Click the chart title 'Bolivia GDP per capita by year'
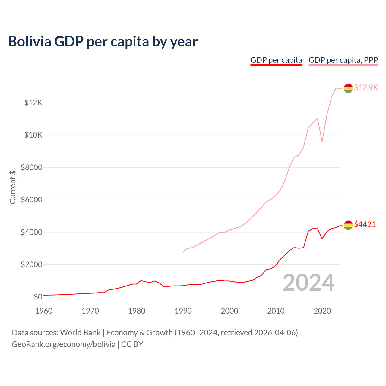[103, 42]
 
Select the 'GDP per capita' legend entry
[276, 60]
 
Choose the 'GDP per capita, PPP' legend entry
[343, 60]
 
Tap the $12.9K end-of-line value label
[366, 87]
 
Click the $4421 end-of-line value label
[365, 224]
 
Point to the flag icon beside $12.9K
[348, 88]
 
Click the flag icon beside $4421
[348, 225]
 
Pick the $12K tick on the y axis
[33, 103]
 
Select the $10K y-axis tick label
[33, 135]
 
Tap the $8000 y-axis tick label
[31, 167]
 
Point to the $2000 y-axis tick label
[31, 265]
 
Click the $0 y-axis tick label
[38, 297]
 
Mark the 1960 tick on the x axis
[44, 311]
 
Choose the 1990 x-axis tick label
[183, 311]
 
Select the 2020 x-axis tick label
[322, 311]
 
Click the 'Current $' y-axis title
[13, 187]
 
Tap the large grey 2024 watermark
[308, 283]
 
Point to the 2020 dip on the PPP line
[322, 141]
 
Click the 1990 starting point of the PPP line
[183, 251]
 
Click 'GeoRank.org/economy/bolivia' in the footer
[64, 344]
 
